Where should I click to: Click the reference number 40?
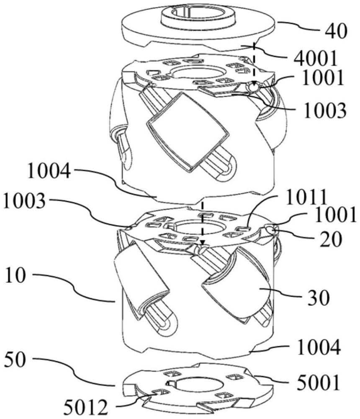click(336, 31)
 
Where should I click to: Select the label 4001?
click(315, 59)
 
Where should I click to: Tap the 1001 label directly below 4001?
click(322, 78)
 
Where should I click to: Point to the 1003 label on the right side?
click(325, 110)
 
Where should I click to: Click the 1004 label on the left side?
click(49, 171)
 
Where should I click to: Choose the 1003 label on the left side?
click(25, 200)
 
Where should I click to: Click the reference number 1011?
click(306, 197)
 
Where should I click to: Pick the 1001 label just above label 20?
click(336, 215)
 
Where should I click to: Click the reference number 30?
click(319, 298)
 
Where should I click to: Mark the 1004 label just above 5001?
click(319, 347)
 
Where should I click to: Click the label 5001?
click(319, 383)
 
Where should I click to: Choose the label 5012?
click(85, 408)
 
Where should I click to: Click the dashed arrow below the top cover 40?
click(254, 65)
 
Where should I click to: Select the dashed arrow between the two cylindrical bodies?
click(203, 224)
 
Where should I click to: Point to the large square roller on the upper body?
click(188, 132)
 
